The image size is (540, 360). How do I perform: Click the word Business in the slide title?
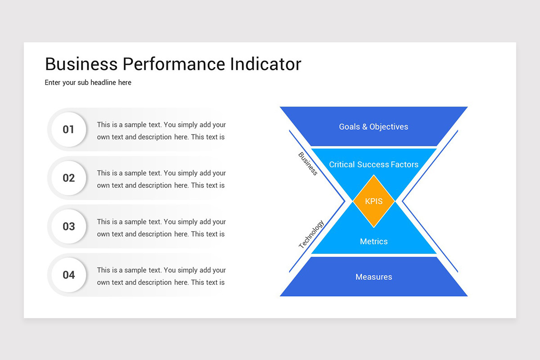click(x=81, y=64)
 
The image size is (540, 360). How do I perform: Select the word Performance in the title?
click(x=173, y=64)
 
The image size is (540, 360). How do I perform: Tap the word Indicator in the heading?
click(x=265, y=64)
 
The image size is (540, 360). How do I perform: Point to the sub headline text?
click(x=88, y=82)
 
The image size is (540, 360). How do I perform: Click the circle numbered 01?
click(x=68, y=130)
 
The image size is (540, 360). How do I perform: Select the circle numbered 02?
click(x=68, y=178)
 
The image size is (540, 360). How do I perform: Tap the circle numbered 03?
click(x=68, y=226)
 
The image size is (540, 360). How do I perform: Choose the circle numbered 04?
click(x=68, y=274)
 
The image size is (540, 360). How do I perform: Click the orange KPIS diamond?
click(x=373, y=201)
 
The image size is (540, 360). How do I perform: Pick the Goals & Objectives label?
click(x=373, y=127)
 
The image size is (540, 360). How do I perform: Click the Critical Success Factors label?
click(x=373, y=164)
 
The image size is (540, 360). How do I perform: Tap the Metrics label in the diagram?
click(x=373, y=242)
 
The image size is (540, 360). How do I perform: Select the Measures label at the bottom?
click(x=373, y=277)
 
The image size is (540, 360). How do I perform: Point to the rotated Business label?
click(x=308, y=164)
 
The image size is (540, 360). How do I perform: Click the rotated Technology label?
click(x=311, y=234)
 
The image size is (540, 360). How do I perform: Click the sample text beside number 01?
click(x=161, y=130)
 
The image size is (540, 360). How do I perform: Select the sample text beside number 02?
click(x=161, y=179)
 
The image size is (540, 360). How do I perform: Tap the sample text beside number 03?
click(x=161, y=228)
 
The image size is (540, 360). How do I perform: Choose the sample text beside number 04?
click(x=161, y=276)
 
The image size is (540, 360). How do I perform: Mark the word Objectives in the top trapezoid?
click(x=388, y=127)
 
